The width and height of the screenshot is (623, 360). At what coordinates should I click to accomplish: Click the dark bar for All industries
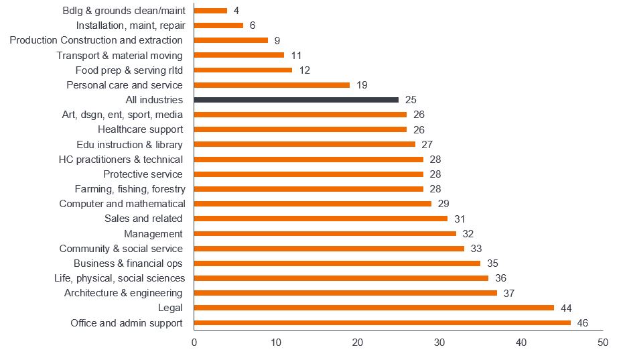[296, 100]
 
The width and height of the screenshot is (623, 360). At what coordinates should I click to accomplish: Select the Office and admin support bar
[382, 322]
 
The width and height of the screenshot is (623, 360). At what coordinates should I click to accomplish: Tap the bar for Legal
[374, 308]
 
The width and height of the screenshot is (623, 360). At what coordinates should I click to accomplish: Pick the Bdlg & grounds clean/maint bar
[210, 11]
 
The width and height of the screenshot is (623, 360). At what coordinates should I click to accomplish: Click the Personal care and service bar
[271, 85]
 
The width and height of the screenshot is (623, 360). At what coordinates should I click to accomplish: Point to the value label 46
[582, 322]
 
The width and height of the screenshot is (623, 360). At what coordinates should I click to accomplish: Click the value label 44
[566, 308]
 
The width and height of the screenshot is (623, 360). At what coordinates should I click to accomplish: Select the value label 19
[362, 85]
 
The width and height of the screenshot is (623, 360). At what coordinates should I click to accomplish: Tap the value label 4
[236, 11]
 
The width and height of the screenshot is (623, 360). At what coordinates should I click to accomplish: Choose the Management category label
[153, 234]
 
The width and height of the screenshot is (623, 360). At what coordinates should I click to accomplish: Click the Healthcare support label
[140, 129]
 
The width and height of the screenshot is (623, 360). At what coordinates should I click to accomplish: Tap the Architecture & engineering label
[123, 293]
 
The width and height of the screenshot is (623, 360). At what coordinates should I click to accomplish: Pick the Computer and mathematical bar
[312, 204]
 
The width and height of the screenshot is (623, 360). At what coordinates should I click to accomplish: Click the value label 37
[508, 293]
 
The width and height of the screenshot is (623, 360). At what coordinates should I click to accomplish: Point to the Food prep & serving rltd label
[129, 70]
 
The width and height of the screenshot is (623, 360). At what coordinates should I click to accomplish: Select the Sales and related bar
[320, 219]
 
